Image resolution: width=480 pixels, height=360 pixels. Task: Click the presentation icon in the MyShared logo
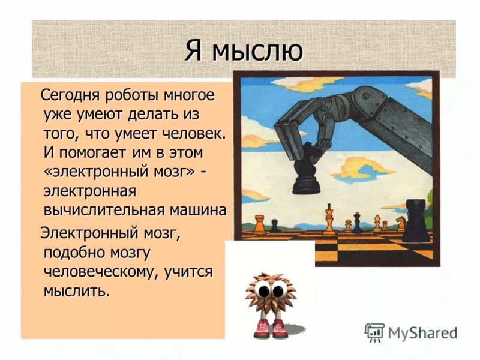pyautogui.click(x=374, y=332)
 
